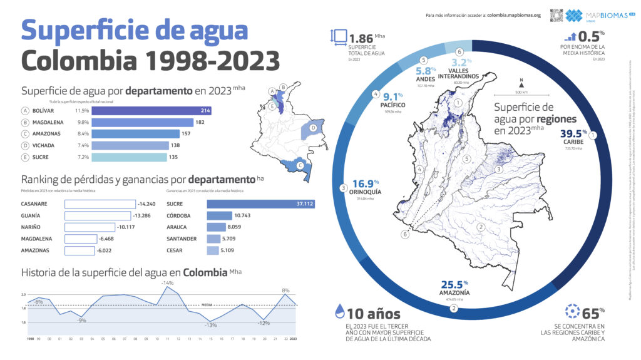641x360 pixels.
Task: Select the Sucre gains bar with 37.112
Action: coord(260,203)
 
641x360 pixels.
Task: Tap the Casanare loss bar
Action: coord(100,203)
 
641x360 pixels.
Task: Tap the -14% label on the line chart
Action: coord(167,283)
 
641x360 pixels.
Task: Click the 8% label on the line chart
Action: coord(285,290)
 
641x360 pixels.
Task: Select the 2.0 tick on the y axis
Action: coord(23,294)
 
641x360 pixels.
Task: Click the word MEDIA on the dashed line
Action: coord(207,305)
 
